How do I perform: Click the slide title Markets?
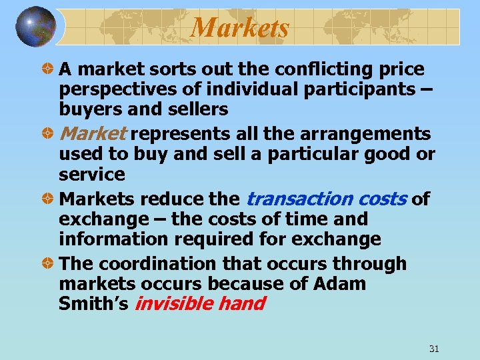[x=240, y=28]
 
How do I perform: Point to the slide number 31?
[x=433, y=349]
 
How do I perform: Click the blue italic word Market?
[x=93, y=134]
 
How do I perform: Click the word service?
[x=92, y=174]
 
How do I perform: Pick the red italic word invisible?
[x=174, y=304]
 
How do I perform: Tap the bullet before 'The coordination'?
[x=47, y=264]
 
